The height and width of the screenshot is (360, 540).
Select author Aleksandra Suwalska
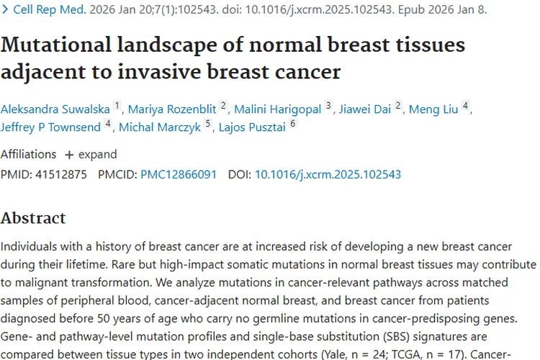55,109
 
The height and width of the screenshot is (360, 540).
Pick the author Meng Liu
434,109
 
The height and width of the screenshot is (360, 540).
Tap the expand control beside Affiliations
90,154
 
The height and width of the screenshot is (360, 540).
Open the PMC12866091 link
178,174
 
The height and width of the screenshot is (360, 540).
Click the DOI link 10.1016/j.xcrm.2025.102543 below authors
328,174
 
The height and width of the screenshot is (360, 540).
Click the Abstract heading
33,218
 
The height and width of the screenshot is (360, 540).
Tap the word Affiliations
28,154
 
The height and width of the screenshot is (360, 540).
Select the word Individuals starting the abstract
32,246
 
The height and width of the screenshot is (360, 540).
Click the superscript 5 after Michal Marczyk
208,125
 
